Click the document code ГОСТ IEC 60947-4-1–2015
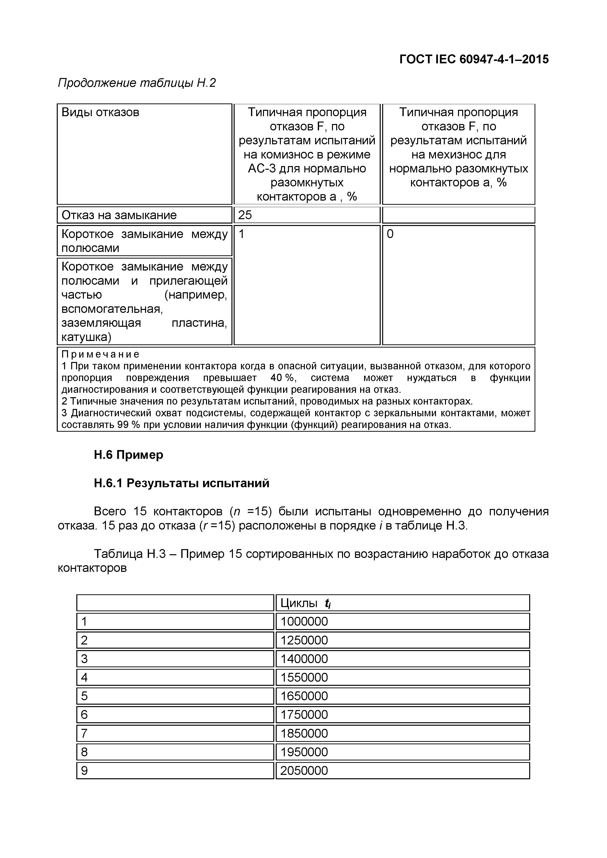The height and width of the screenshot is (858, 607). coord(474,59)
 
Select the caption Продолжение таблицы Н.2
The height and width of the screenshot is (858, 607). coord(137,83)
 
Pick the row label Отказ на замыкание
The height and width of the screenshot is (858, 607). coord(119,215)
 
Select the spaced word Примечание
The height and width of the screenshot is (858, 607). coord(100,354)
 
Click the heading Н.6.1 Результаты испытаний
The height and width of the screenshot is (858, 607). coord(181,483)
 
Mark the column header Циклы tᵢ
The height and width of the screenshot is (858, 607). coord(305,603)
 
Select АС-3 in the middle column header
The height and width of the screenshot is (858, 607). coord(262,169)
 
